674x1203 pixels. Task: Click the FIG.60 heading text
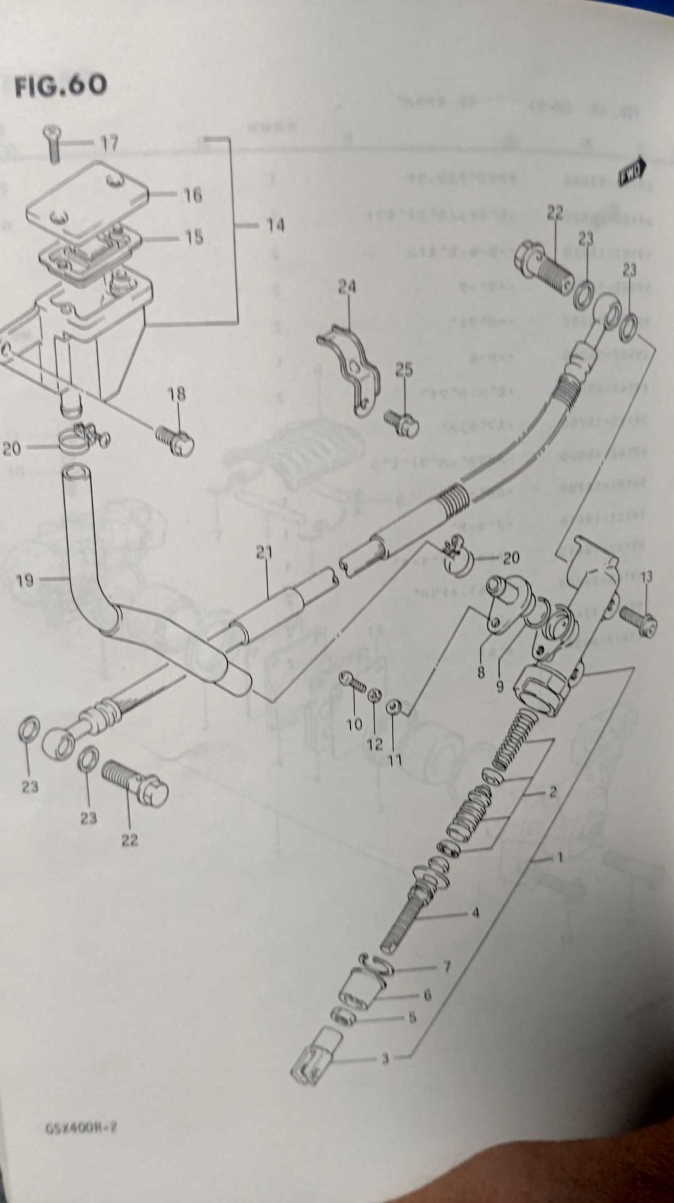(61, 85)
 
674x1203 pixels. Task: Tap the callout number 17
(109, 143)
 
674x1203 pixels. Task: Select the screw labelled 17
(53, 143)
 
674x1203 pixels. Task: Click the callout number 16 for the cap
(192, 195)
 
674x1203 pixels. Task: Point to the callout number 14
(275, 224)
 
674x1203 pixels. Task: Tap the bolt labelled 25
(403, 422)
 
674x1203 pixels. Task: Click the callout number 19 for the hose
(24, 580)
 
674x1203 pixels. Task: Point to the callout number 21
(264, 553)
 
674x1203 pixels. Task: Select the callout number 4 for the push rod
(475, 913)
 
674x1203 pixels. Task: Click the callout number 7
(446, 967)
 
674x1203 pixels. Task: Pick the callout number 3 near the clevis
(385, 1059)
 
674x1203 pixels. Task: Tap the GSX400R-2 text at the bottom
(82, 1128)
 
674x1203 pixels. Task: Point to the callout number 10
(354, 724)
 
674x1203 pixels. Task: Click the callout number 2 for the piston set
(552, 791)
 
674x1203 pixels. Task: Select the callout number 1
(559, 857)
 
